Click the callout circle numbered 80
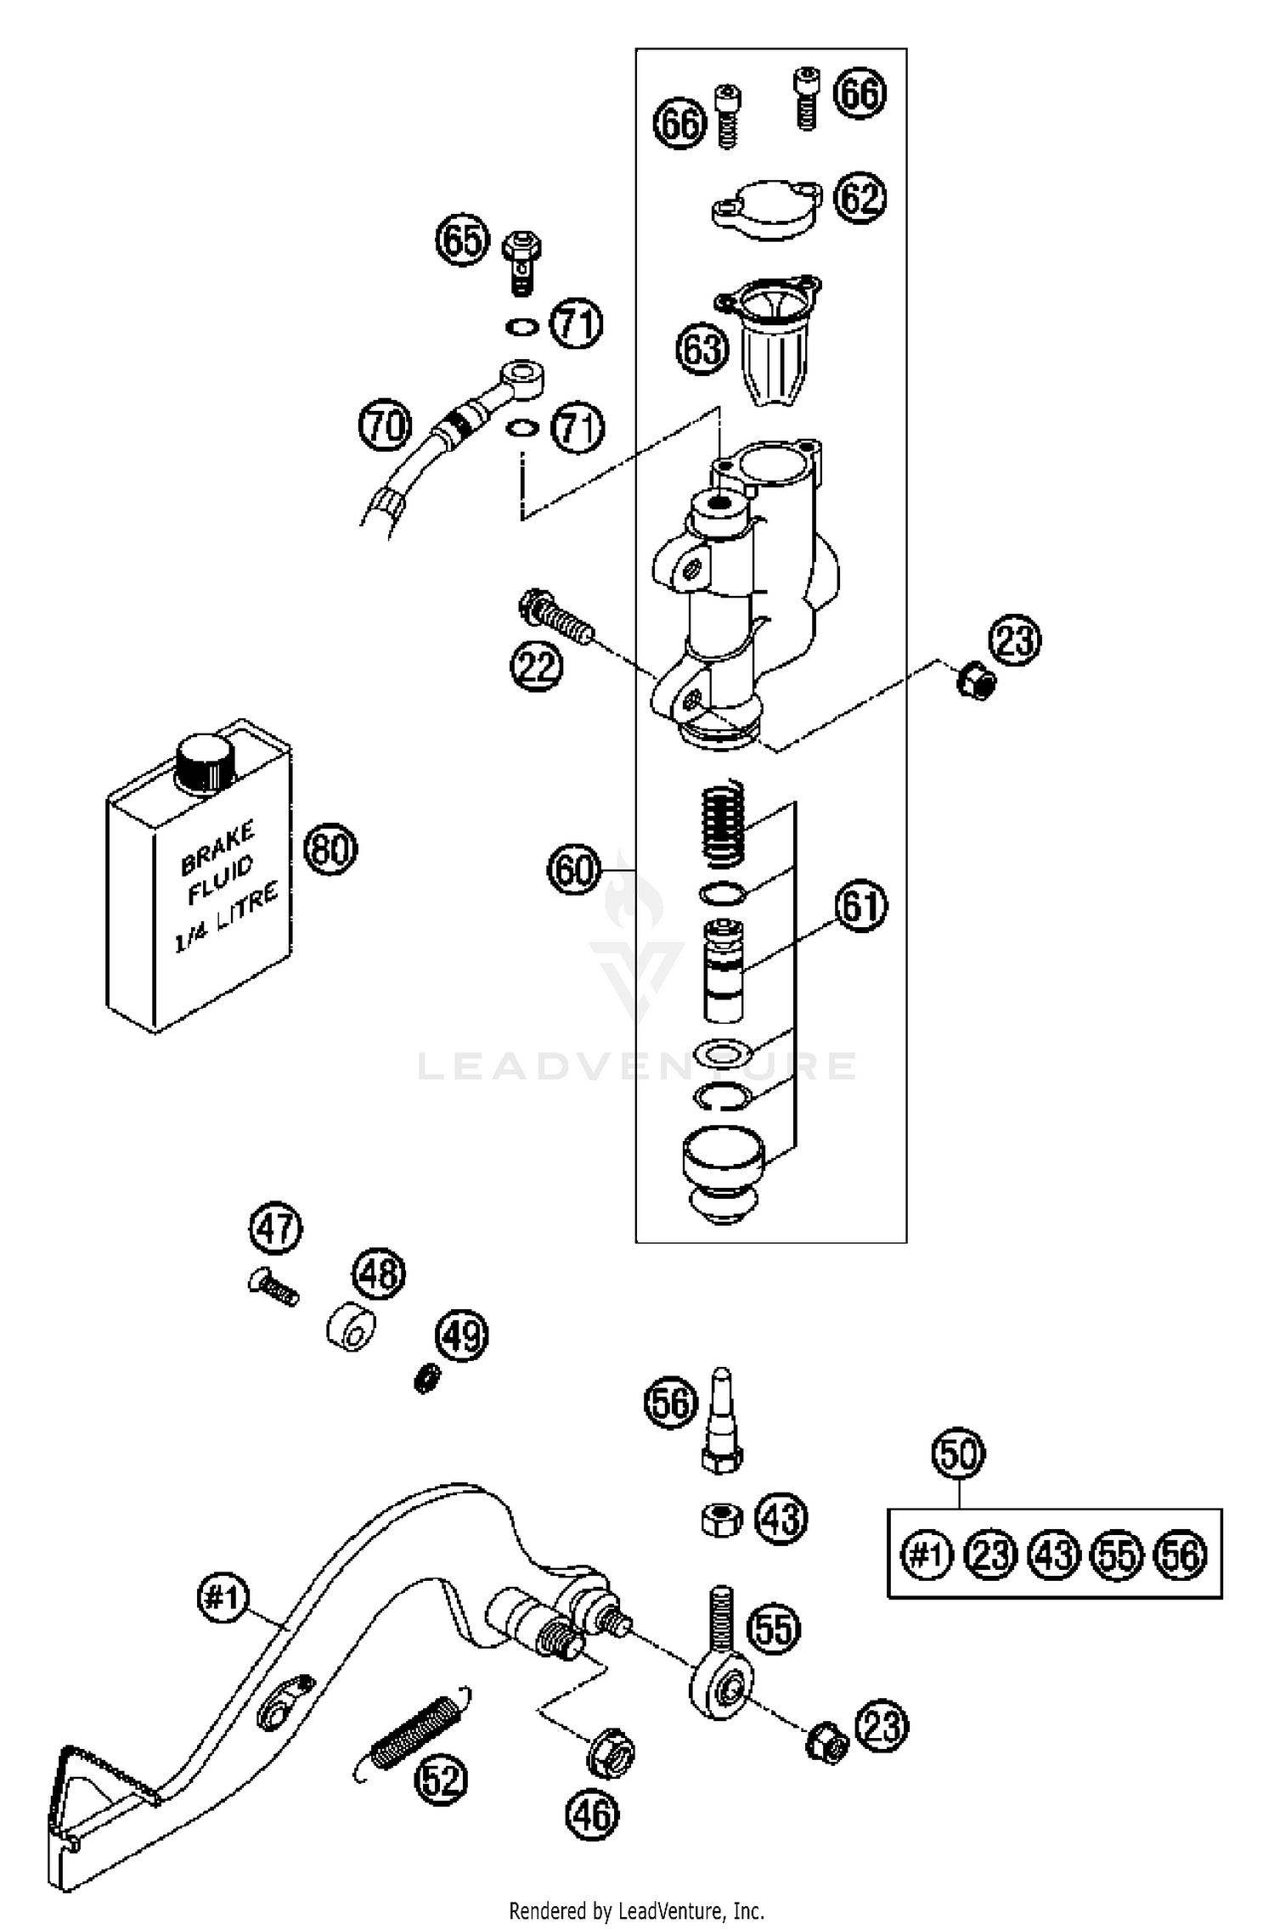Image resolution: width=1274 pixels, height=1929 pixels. (330, 848)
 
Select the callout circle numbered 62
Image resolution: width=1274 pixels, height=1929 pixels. (860, 198)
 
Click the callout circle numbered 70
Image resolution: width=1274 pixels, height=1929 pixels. (385, 425)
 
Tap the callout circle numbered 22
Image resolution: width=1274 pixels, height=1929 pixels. (537, 666)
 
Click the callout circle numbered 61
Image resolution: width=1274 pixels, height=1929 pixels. (860, 906)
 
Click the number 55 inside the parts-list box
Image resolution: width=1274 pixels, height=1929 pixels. (1117, 1555)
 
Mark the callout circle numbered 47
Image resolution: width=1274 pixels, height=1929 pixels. (276, 1229)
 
